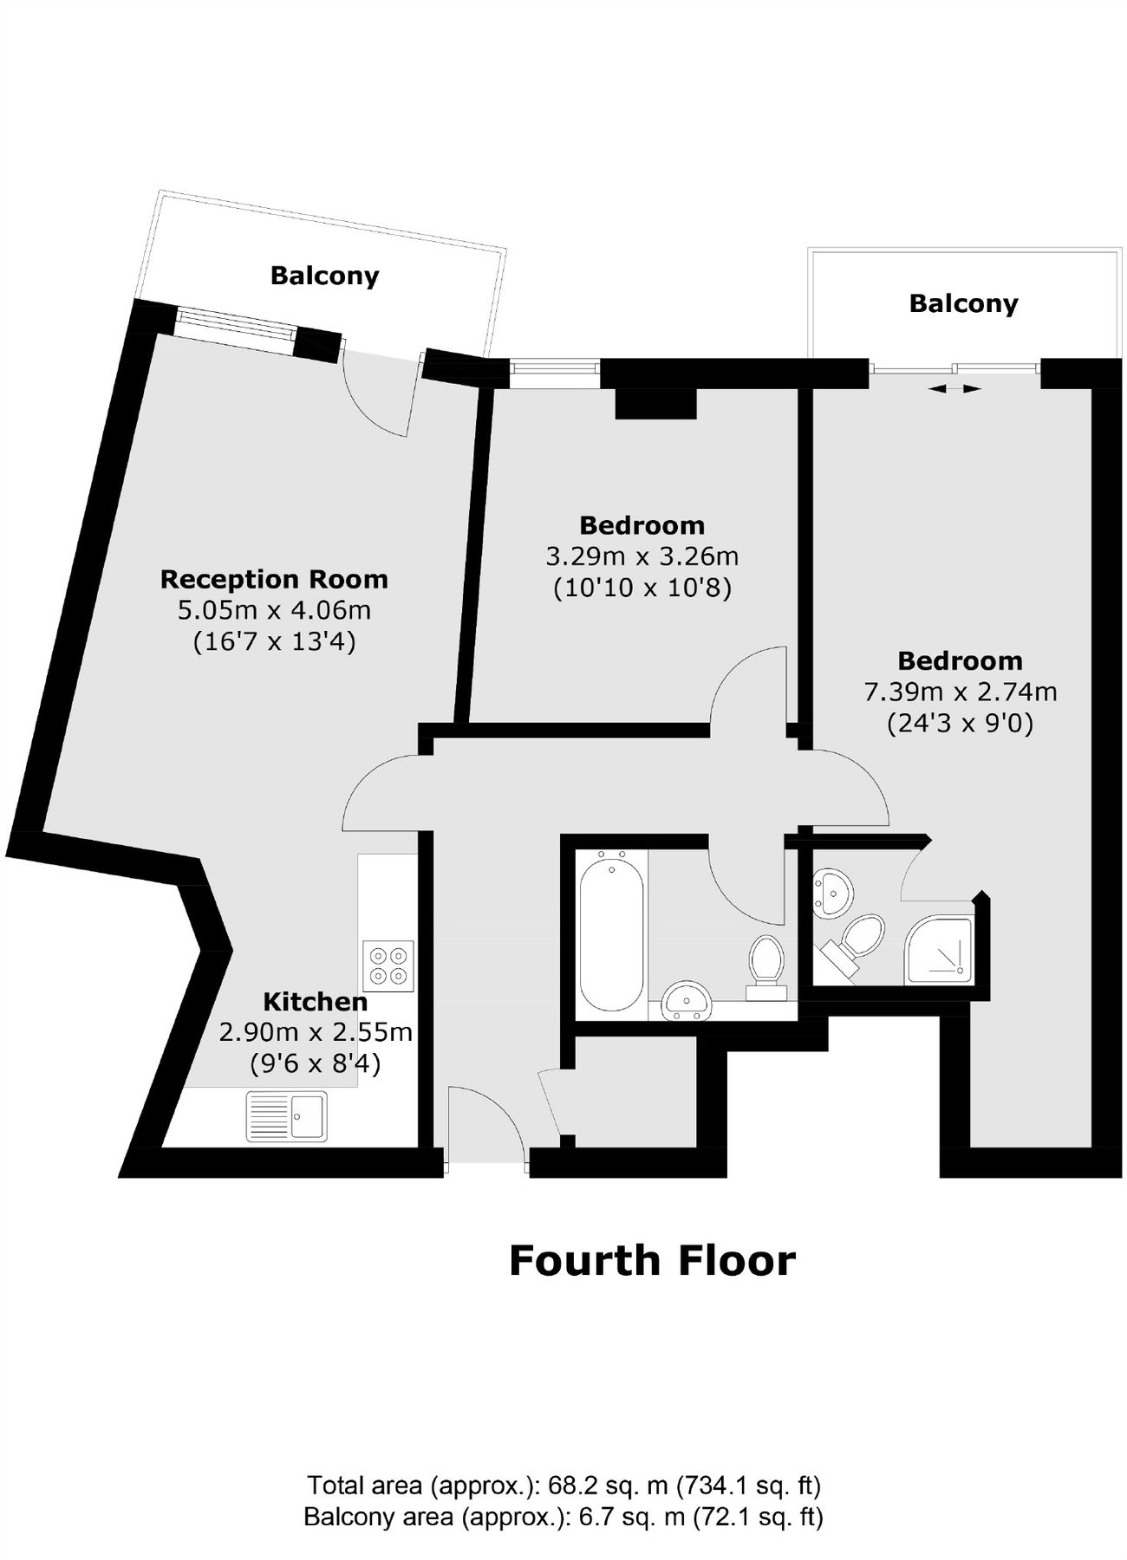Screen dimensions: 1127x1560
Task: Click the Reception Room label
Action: click(x=274, y=579)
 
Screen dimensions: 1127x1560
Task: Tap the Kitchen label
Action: click(x=316, y=1002)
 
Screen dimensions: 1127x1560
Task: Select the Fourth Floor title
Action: click(x=652, y=1261)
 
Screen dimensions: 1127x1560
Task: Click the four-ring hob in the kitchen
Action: click(x=388, y=966)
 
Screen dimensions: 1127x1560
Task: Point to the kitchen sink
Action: click(x=287, y=1115)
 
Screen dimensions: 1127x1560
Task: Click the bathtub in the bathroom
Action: click(x=612, y=931)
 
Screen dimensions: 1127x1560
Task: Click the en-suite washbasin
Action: click(x=832, y=891)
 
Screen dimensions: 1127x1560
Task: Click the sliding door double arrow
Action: click(x=954, y=389)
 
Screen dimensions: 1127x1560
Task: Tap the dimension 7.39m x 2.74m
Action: click(x=961, y=692)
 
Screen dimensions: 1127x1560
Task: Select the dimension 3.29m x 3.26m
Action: click(x=642, y=556)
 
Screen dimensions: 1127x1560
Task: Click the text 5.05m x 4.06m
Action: click(x=274, y=610)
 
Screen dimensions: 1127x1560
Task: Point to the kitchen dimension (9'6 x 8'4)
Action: click(x=316, y=1063)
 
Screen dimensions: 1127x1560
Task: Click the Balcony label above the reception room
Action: click(x=325, y=276)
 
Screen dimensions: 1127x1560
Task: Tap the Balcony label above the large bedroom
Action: click(x=963, y=303)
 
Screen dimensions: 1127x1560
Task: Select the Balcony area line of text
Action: click(x=563, y=1518)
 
